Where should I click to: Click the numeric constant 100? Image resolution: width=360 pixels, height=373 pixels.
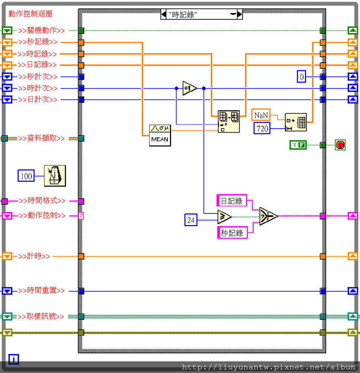pos(26,176)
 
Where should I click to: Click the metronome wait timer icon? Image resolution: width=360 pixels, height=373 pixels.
pos(55,176)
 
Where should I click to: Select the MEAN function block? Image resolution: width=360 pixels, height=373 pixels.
pos(160,135)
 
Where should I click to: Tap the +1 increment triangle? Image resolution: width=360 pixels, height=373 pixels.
pos(189,88)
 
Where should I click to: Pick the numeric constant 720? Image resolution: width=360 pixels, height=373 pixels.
pos(262,128)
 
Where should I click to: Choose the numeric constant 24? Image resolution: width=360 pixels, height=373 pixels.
pos(191,220)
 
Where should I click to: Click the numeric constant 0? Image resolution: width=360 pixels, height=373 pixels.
pos(301,76)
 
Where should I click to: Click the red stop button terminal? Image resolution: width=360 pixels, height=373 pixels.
pos(340,145)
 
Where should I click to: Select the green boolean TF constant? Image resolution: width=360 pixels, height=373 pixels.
pos(298,145)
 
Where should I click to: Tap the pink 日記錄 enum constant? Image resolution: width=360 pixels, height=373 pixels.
pos(232,201)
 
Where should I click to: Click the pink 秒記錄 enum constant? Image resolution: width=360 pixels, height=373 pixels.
pos(232,232)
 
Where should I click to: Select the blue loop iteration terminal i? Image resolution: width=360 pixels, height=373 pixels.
pos(13,360)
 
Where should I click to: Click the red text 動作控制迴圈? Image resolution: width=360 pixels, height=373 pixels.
pos(30,14)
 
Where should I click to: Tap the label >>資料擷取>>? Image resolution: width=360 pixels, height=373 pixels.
pos(42,138)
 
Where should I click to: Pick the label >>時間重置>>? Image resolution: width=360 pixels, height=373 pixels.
pos(42,291)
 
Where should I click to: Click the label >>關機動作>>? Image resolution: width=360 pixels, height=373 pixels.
pos(42,31)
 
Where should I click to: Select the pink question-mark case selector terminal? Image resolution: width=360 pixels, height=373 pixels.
pos(81,216)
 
